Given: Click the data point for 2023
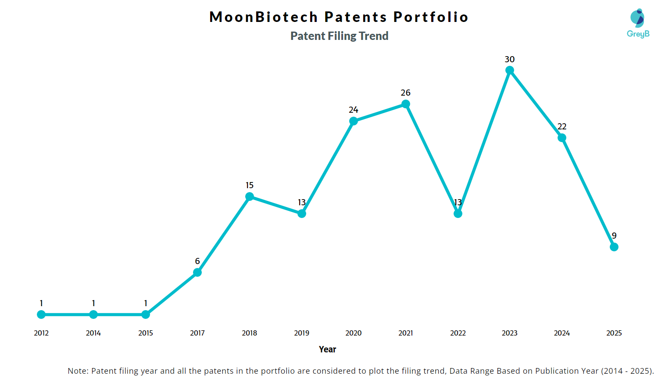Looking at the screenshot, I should (x=510, y=70).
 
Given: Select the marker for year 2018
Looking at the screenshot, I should (x=250, y=197).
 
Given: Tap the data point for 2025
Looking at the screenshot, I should (x=614, y=247).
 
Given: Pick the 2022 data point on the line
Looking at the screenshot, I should (x=458, y=214).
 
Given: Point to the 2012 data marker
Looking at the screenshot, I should (x=41, y=315).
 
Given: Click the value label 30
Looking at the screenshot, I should (x=510, y=59).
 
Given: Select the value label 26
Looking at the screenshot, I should (x=406, y=93).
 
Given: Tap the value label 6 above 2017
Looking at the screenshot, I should (x=197, y=261).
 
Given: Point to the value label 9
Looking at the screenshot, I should (x=614, y=236).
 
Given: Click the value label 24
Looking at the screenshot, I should (x=354, y=110).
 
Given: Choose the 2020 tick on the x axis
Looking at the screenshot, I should (x=354, y=333).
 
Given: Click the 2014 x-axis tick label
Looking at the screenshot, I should (x=93, y=333).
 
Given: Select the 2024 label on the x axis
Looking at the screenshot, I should (x=562, y=333).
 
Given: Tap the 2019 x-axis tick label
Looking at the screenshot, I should (x=302, y=333).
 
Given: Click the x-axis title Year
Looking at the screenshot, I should (x=328, y=349).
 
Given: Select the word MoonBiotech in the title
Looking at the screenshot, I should (x=264, y=17).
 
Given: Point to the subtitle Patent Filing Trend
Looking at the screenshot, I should (x=340, y=36).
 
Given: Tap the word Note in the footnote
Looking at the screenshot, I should (x=78, y=371).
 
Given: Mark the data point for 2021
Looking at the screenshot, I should (x=406, y=104).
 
